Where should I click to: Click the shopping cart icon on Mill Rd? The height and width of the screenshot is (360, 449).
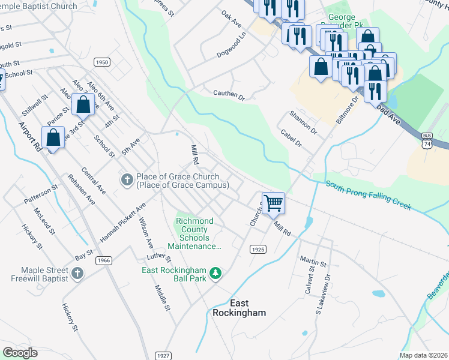tap(273, 203)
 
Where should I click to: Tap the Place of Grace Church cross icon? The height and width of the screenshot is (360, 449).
tap(127, 180)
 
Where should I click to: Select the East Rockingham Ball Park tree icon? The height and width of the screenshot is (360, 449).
tap(215, 274)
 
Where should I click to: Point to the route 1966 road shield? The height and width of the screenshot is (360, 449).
tap(103, 260)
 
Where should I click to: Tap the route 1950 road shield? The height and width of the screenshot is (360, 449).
tap(103, 62)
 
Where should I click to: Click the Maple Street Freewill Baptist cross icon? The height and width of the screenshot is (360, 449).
tap(77, 274)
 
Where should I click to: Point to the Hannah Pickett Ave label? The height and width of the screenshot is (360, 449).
tap(123, 223)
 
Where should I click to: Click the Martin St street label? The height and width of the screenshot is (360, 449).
tap(313, 261)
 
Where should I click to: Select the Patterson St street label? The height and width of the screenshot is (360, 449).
tap(41, 194)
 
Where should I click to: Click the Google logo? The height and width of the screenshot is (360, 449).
tap(20, 352)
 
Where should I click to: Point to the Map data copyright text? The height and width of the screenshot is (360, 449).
tap(424, 355)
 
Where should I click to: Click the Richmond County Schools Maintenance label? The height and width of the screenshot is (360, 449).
tap(195, 234)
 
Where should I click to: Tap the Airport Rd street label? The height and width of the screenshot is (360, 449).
tap(29, 136)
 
